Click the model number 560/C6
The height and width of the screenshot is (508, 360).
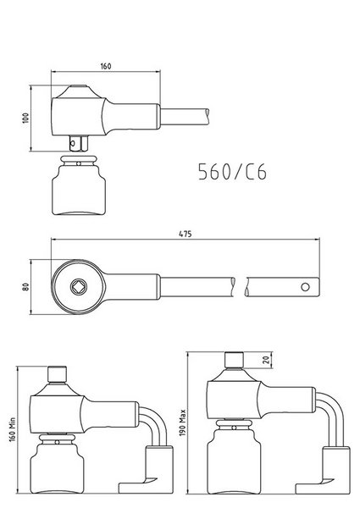(x=232, y=172)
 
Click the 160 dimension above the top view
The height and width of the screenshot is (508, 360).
(x=106, y=66)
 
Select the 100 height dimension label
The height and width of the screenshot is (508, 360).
(x=26, y=118)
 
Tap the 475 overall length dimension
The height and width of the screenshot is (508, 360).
(x=186, y=234)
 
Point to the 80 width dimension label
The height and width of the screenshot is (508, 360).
(x=26, y=287)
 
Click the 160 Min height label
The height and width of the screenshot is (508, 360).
(x=13, y=429)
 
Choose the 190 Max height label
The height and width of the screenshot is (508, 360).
(x=183, y=422)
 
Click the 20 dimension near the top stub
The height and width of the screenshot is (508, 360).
(x=266, y=360)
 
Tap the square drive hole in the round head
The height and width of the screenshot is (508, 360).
(x=79, y=286)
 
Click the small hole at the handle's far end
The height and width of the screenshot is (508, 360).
(x=305, y=287)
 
